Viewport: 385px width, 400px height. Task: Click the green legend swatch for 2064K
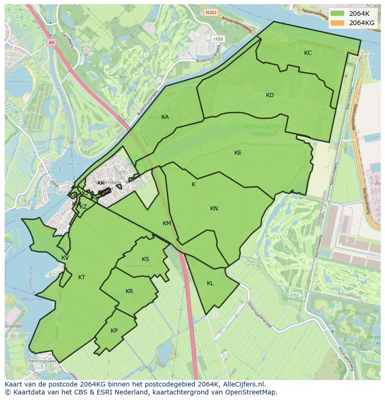pyautogui.click(x=338, y=14)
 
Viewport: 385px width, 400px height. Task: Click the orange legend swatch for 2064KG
pyautogui.click(x=338, y=23)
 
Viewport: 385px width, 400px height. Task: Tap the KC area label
pyautogui.click(x=308, y=53)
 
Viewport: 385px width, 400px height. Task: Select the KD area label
pyautogui.click(x=270, y=95)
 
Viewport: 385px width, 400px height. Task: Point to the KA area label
pyautogui.click(x=165, y=117)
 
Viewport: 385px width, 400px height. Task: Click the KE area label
pyautogui.click(x=238, y=153)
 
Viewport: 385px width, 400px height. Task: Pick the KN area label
pyautogui.click(x=214, y=209)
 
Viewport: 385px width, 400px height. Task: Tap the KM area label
pyautogui.click(x=167, y=223)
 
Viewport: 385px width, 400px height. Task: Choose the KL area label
pyautogui.click(x=210, y=283)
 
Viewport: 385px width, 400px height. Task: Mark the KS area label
pyautogui.click(x=146, y=259)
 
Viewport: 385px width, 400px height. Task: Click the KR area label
pyautogui.click(x=129, y=291)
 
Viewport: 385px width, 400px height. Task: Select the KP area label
pyautogui.click(x=114, y=331)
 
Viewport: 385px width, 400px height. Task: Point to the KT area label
pyautogui.click(x=81, y=277)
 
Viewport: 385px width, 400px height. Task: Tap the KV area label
pyautogui.click(x=65, y=258)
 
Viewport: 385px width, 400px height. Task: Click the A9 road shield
pyautogui.click(x=51, y=42)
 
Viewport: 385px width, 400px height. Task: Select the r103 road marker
pyautogui.click(x=217, y=39)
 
